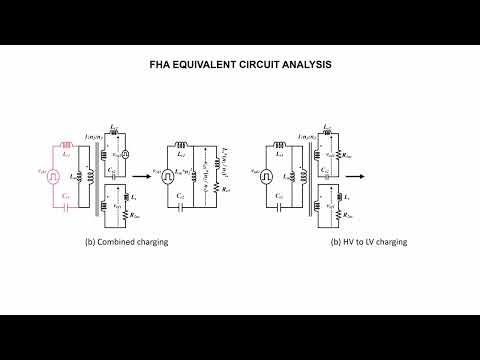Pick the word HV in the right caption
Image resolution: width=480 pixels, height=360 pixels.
346,243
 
